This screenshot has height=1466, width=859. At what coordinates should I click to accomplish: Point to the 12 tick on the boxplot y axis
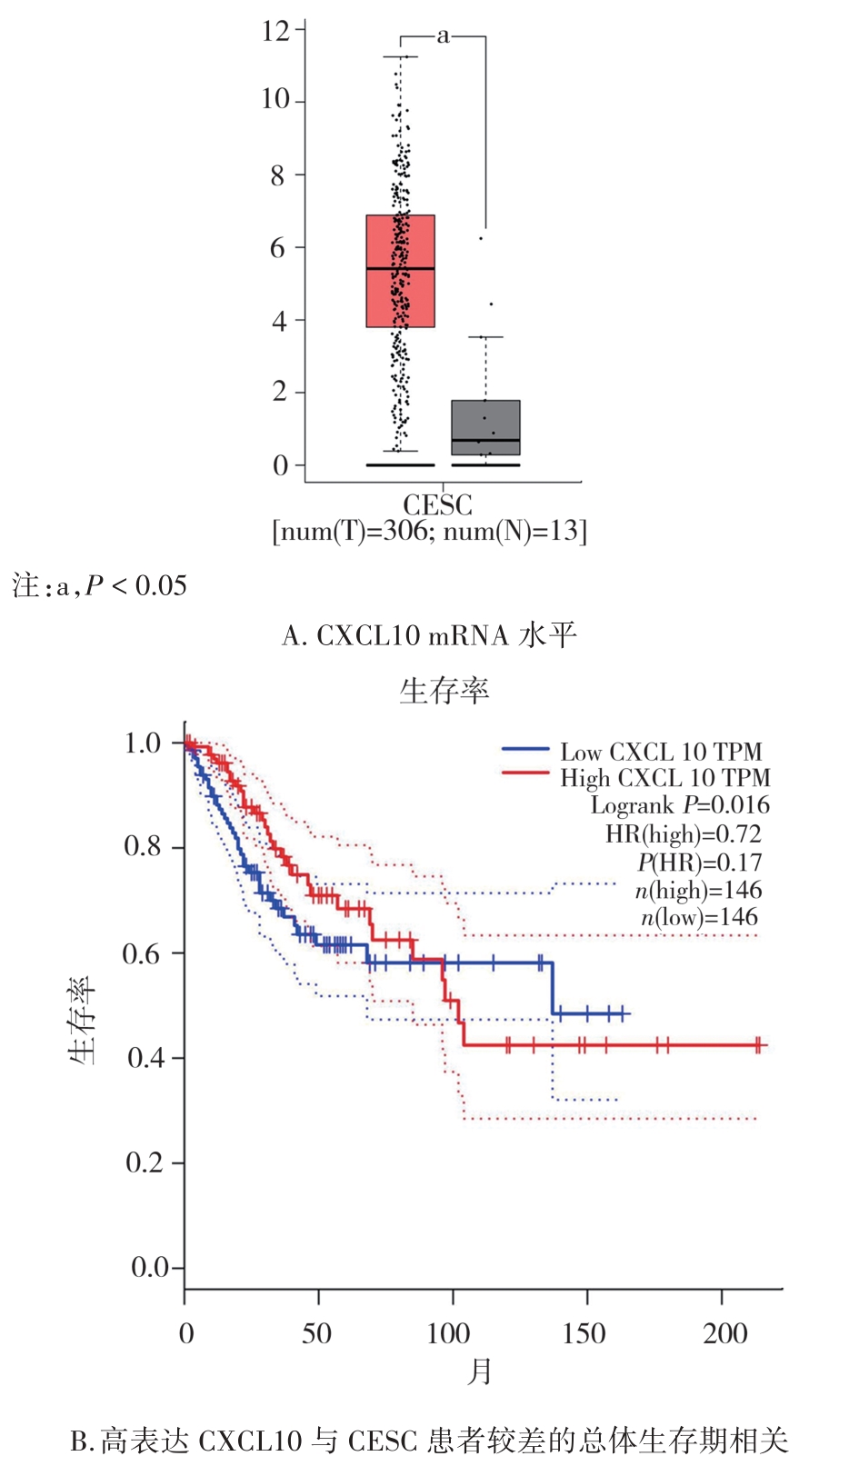275,32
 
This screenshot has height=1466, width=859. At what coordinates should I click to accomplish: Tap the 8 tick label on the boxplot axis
277,175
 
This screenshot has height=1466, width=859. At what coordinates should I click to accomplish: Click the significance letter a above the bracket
443,36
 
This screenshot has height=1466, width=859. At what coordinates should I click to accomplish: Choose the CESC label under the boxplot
437,505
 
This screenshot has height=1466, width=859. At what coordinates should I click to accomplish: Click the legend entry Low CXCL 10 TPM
660,753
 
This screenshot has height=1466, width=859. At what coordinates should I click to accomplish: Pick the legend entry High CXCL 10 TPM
664,779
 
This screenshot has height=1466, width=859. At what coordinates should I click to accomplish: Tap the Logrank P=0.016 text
680,806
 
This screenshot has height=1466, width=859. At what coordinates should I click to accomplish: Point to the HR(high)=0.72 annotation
684,834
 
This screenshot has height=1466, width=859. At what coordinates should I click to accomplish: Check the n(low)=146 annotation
699,918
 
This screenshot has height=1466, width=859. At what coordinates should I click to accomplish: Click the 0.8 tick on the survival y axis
143,847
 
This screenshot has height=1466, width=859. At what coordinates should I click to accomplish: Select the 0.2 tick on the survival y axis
145,1162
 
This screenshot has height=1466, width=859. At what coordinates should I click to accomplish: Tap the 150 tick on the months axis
584,1333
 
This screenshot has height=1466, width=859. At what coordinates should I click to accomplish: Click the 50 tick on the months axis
317,1333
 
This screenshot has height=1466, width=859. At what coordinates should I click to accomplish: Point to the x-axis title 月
480,1371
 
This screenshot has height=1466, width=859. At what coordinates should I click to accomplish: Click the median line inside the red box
400,269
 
